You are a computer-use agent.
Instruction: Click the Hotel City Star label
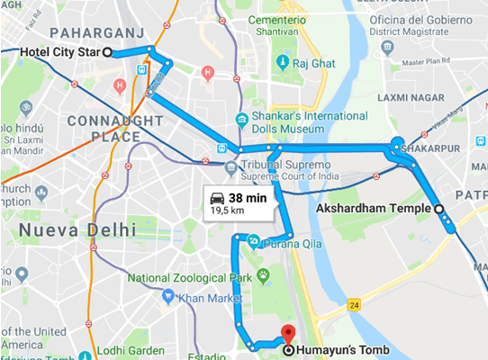click(59, 52)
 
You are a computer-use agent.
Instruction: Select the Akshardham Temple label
click(375, 209)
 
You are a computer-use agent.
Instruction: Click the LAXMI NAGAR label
click(420, 95)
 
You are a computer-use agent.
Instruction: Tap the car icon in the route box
click(216, 197)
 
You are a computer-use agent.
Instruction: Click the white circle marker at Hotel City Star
click(108, 52)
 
